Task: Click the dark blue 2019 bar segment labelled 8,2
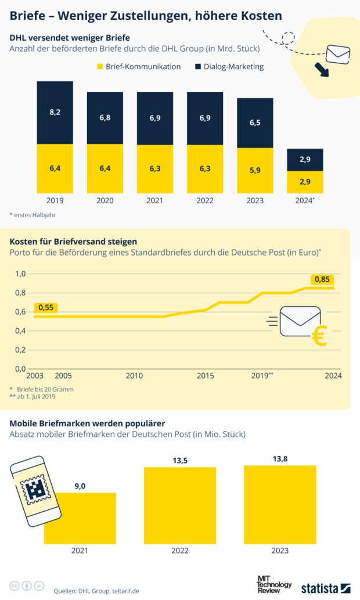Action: (55, 112)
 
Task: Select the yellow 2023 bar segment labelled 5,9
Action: (255, 171)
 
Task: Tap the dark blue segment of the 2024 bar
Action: (305, 160)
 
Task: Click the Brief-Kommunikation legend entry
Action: (139, 67)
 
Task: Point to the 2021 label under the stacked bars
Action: (155, 201)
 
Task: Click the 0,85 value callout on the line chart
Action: (322, 279)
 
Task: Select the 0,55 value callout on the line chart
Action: (46, 307)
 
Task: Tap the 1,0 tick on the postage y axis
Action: (20, 274)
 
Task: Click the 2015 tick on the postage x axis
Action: (205, 376)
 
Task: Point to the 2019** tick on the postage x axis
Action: (262, 376)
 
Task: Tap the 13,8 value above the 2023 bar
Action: (280, 459)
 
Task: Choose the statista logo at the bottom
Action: (325, 588)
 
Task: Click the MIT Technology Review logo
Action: (274, 585)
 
